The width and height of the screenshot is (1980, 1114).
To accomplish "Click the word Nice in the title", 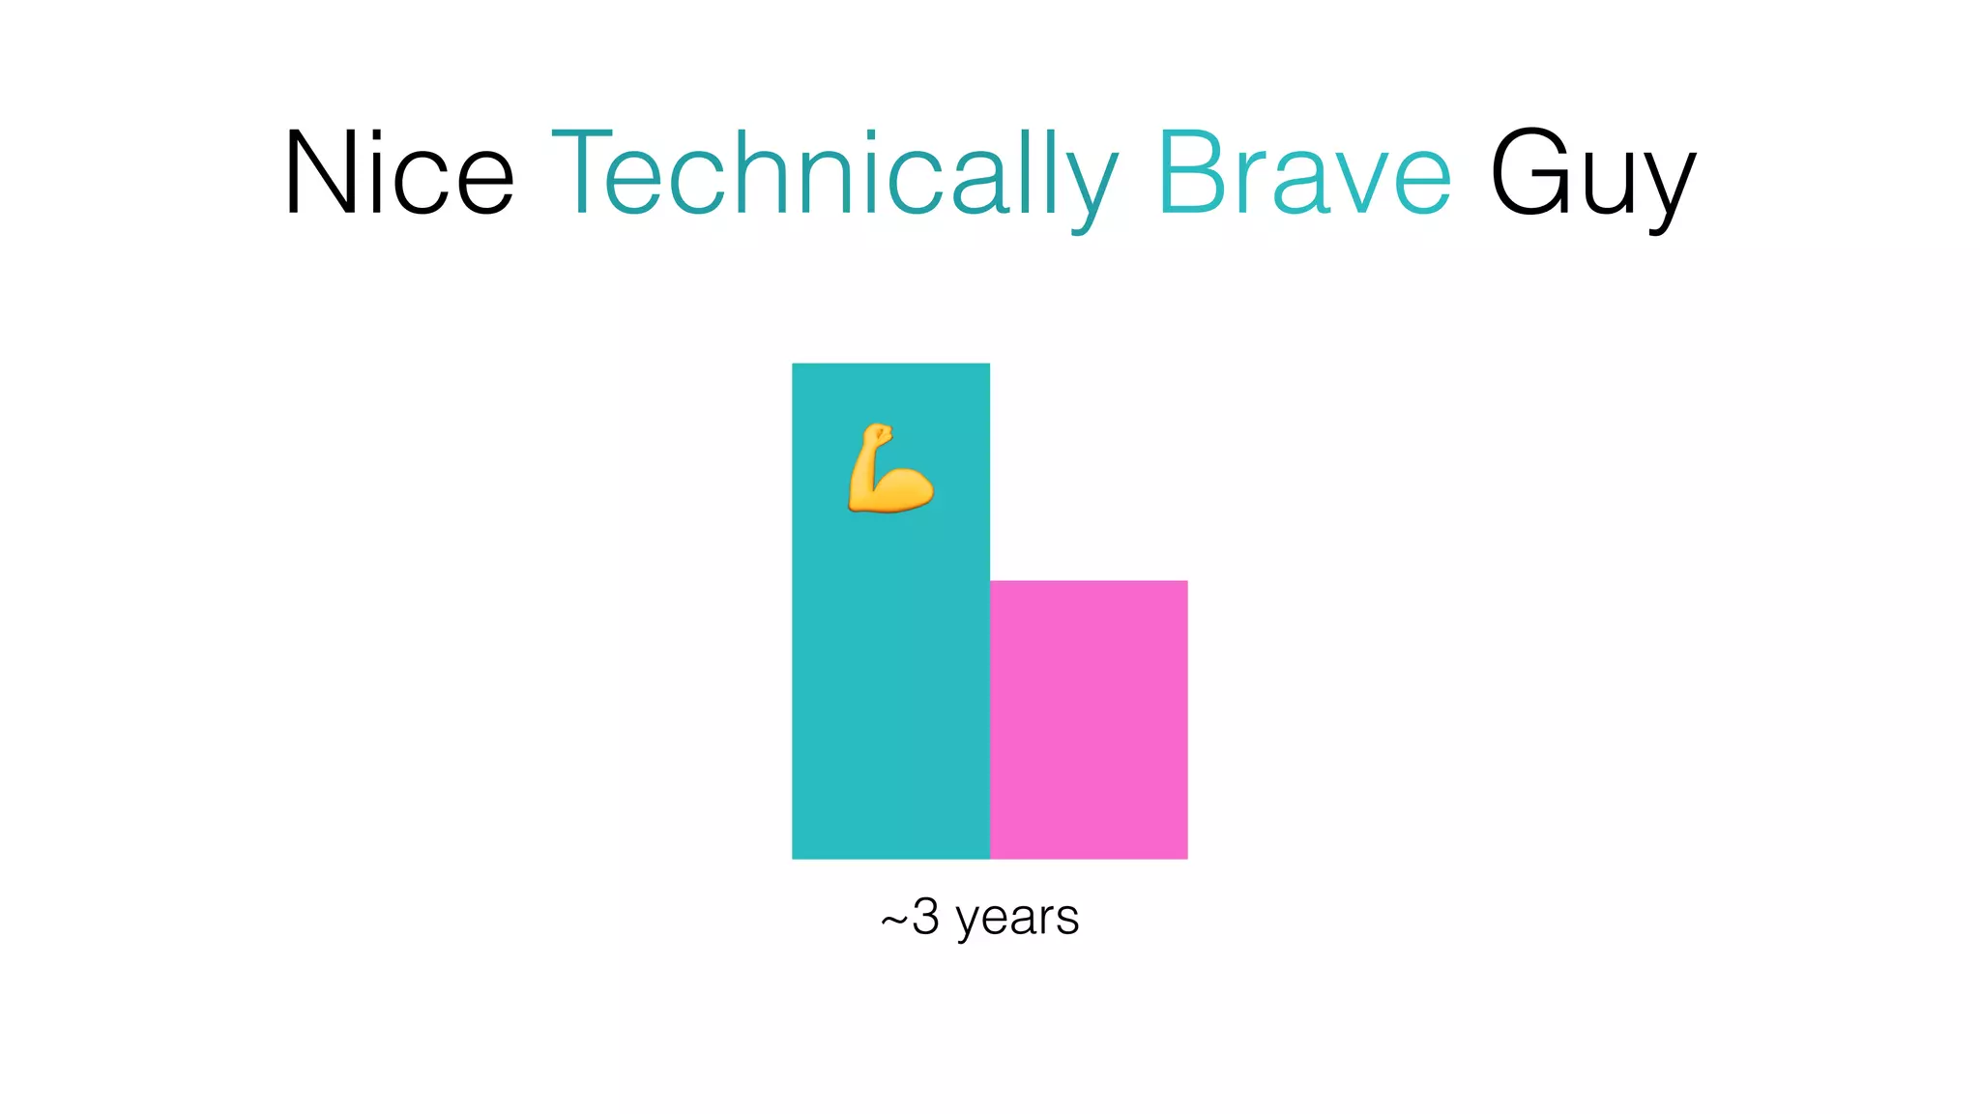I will (x=398, y=174).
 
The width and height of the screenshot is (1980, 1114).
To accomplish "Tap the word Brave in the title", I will (x=1303, y=174).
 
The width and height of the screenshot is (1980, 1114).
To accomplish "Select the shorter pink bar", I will (x=1089, y=719).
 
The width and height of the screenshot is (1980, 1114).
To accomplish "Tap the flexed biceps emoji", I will (x=889, y=469).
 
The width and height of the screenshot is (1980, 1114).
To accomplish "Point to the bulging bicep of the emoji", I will (x=904, y=488).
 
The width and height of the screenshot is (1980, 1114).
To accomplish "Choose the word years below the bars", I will (x=1017, y=918).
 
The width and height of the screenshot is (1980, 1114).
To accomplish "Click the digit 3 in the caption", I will (x=925, y=916).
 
